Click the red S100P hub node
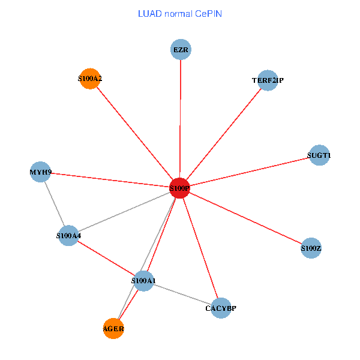(179, 188)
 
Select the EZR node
(181, 50)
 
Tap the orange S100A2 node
(89, 79)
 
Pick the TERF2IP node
(267, 80)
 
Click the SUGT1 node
(318, 155)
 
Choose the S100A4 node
(69, 236)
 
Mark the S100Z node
(311, 248)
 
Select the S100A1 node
(143, 281)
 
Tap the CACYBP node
(221, 308)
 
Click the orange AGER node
(113, 328)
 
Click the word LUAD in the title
(149, 13)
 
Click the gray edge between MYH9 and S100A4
(55, 204)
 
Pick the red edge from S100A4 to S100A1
(106, 258)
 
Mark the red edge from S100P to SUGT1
(249, 172)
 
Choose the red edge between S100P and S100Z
(245, 218)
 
